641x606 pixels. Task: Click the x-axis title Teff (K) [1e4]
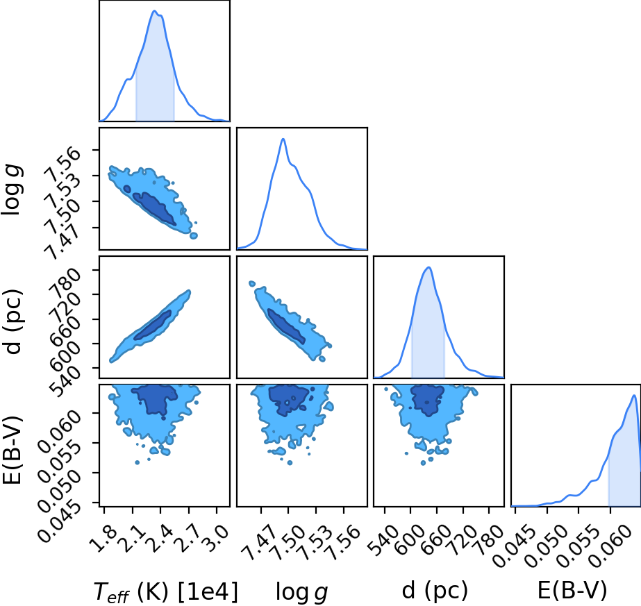click(x=165, y=591)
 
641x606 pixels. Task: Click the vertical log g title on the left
click(x=11, y=190)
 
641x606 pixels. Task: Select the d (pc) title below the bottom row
click(x=435, y=590)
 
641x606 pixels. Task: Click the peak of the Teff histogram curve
click(x=155, y=10)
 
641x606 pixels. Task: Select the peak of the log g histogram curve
click(x=283, y=139)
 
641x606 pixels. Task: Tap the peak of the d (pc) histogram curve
click(x=428, y=267)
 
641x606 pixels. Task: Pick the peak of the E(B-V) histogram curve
click(x=633, y=395)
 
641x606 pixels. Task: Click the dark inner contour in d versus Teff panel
click(x=152, y=326)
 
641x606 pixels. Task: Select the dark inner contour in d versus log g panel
click(x=286, y=326)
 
